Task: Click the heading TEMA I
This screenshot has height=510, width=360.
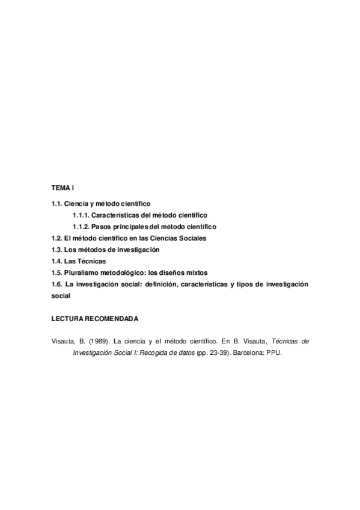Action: [x=62, y=189]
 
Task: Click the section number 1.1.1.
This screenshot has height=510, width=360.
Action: [x=81, y=215]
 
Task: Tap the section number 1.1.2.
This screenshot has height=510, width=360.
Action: [x=81, y=227]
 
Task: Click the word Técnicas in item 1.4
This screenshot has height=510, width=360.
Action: [x=93, y=261]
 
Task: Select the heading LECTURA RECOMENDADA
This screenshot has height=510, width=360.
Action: [x=94, y=318]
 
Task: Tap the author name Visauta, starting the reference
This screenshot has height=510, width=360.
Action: [x=63, y=341]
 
